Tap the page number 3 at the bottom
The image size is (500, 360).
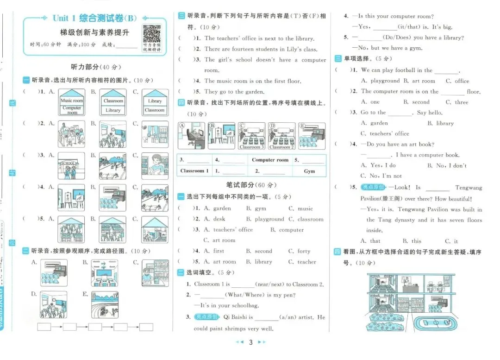click(250, 343)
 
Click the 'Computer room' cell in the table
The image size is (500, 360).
click(270, 160)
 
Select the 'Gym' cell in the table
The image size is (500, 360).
click(309, 171)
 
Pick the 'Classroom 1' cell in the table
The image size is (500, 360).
click(194, 171)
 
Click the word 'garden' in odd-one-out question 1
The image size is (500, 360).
click(222, 208)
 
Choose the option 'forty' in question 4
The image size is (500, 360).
click(304, 251)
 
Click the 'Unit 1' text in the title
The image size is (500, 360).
click(64, 18)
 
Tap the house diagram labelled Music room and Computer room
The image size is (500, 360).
click(72, 102)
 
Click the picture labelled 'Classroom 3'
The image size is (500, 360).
click(251, 136)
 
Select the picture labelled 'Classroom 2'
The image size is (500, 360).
click(281, 136)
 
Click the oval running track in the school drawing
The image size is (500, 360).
click(436, 322)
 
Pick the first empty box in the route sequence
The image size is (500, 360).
click(44, 327)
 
